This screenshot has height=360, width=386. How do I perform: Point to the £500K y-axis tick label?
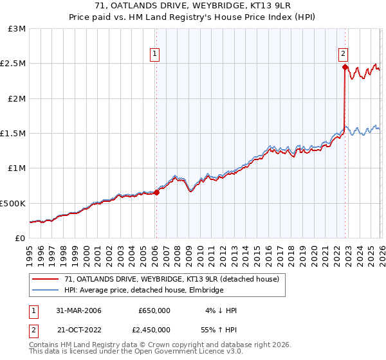pos(13,203)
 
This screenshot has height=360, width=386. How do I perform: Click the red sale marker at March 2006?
pos(156,192)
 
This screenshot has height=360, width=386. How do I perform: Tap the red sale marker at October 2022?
pos(345,67)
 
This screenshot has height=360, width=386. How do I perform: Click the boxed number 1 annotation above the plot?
pos(156,55)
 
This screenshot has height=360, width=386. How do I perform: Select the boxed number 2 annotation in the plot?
pos(344,55)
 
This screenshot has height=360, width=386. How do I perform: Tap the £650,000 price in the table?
pos(154,310)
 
